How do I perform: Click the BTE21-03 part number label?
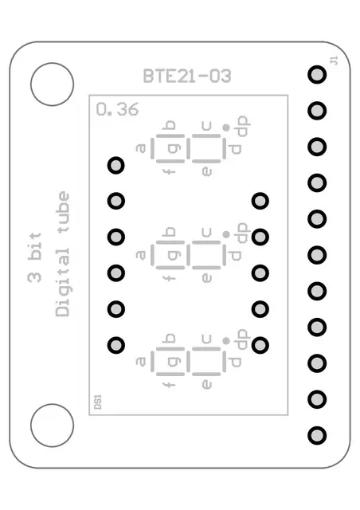point(187,76)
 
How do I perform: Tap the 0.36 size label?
point(116,110)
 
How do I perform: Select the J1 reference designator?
point(334,61)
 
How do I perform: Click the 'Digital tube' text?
point(63,254)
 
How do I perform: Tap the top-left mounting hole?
point(52,82)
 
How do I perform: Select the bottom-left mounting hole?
point(52,426)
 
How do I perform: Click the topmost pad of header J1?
point(317,75)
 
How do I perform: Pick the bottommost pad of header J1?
point(317,435)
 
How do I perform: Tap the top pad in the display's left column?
point(116,165)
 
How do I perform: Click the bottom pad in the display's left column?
point(116,345)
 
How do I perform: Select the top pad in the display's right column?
point(260,201)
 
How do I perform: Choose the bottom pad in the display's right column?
point(260,345)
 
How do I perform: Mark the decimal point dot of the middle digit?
point(227,233)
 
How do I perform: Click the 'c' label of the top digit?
point(207,124)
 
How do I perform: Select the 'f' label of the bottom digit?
point(168,384)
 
